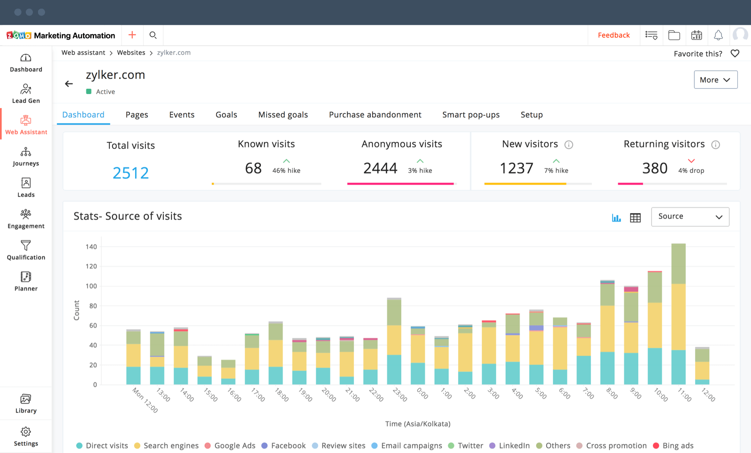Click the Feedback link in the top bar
pos(613,35)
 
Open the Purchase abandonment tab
pos(375,115)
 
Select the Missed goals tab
pos(283,115)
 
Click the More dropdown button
pos(715,80)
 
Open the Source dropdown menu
pos(690,217)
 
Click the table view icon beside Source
pos(635,218)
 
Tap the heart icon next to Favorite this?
pos(735,54)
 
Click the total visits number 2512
pos(130,173)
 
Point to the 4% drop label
pos(691,171)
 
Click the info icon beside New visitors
pos(568,145)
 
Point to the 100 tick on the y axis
pos(91,286)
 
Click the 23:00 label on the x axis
pos(399,395)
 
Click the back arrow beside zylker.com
pos(69,84)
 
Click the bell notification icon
pos(718,35)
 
